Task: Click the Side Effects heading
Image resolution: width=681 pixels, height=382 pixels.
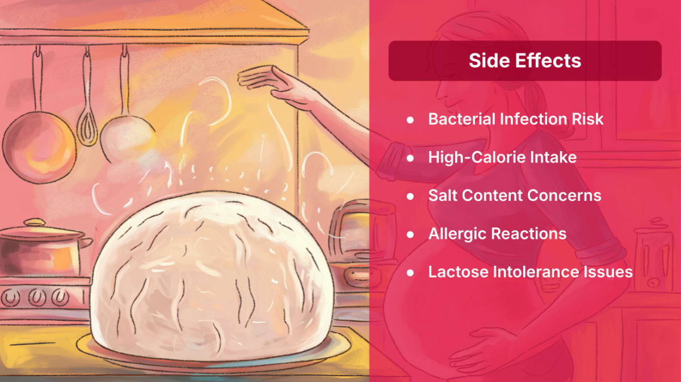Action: tap(525, 61)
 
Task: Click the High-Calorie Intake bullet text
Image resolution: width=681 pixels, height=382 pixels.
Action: tap(502, 158)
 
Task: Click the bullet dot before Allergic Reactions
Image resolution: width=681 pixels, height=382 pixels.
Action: tap(410, 234)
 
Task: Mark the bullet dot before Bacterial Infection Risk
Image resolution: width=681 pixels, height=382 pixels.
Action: tap(410, 120)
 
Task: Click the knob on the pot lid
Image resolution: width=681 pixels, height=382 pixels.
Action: tap(35, 223)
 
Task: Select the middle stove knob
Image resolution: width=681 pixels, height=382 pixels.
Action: tap(36, 297)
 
